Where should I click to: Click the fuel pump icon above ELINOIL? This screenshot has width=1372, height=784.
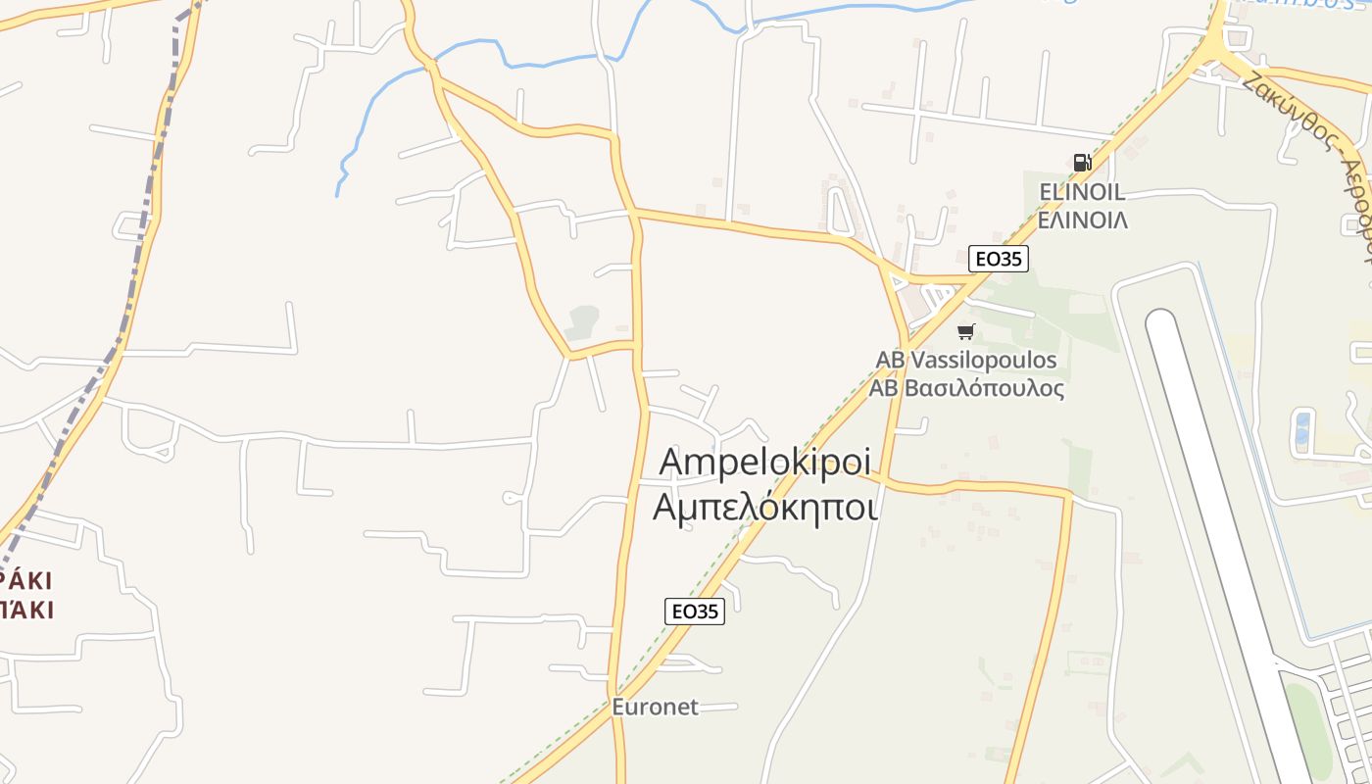pyautogui.click(x=1082, y=163)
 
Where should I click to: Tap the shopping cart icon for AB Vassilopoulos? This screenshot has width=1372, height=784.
pyautogui.click(x=966, y=332)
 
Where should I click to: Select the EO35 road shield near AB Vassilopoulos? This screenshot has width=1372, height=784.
pyautogui.click(x=998, y=259)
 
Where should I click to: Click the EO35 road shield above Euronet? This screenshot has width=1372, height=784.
pyautogui.click(x=694, y=612)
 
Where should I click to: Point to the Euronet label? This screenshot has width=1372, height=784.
pyautogui.click(x=655, y=707)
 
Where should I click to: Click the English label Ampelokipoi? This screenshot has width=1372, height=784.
pyautogui.click(x=765, y=462)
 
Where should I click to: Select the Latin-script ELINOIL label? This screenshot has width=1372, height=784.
pyautogui.click(x=1081, y=192)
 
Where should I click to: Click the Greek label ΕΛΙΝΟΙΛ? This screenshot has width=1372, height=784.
pyautogui.click(x=1082, y=220)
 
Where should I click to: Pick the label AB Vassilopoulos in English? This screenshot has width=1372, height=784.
pyautogui.click(x=966, y=361)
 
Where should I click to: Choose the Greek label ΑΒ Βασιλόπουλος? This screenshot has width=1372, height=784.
pyautogui.click(x=966, y=388)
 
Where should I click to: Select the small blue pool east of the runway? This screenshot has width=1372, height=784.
pyautogui.click(x=1302, y=429)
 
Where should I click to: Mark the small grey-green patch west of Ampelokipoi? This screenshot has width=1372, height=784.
pyautogui.click(x=582, y=320)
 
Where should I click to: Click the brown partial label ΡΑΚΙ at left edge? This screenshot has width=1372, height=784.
pyautogui.click(x=27, y=580)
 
